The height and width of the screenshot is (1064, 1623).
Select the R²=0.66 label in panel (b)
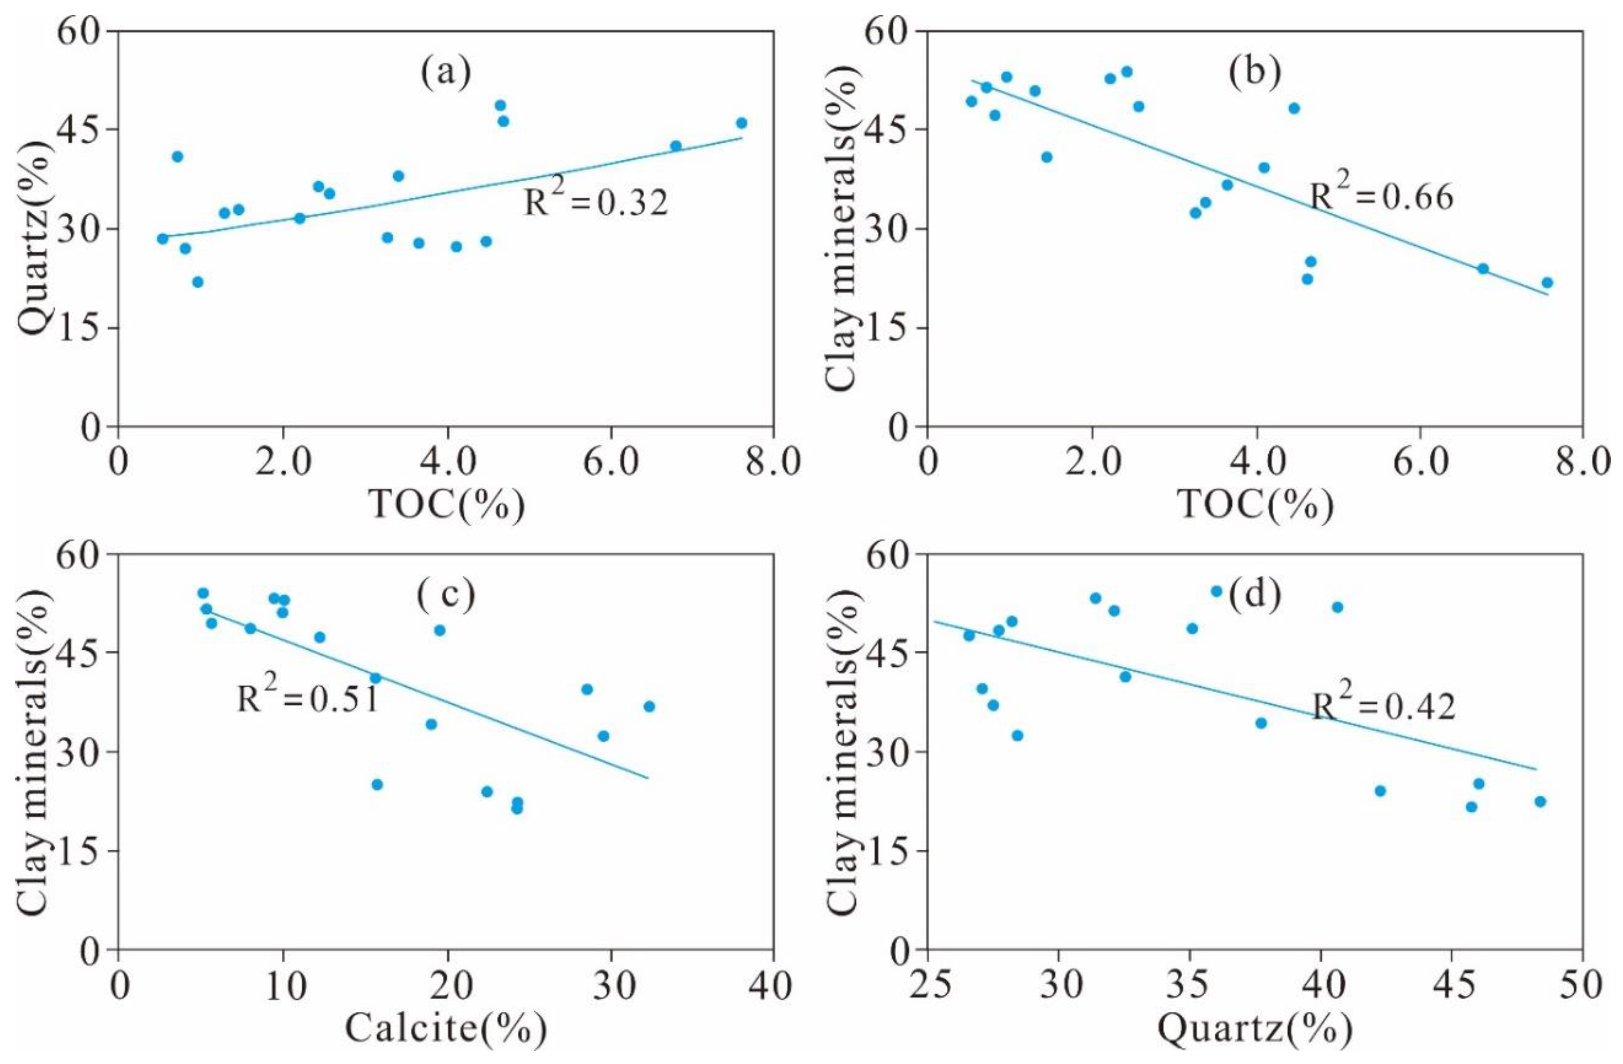[x=1382, y=196]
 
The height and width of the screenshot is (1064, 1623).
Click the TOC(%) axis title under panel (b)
[x=1256, y=505]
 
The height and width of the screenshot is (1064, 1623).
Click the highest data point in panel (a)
[x=500, y=106]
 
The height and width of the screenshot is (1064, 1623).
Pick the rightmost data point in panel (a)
[x=741, y=123]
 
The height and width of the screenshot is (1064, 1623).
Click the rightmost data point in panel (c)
[x=648, y=706]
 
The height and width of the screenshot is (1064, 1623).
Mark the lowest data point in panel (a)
[x=198, y=282]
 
